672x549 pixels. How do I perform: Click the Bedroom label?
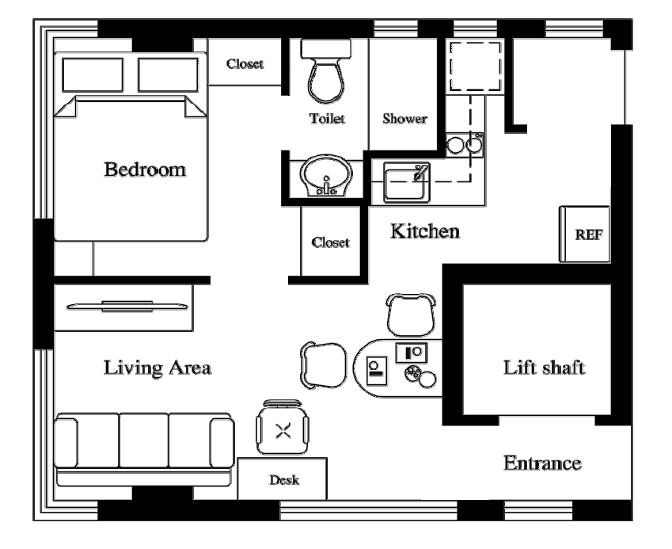(145, 170)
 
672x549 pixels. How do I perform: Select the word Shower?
(404, 118)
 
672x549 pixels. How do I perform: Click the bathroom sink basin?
(326, 177)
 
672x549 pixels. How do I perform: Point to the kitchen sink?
(406, 182)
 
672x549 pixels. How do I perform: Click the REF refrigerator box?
(585, 234)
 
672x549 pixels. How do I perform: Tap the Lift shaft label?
(544, 368)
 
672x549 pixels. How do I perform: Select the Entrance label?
(542, 463)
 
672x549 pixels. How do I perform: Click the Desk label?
(283, 479)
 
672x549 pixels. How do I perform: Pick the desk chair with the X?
(283, 427)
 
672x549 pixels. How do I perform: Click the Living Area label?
(158, 368)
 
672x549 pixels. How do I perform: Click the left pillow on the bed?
(93, 75)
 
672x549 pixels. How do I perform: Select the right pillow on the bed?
(168, 75)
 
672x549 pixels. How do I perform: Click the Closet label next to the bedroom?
(245, 64)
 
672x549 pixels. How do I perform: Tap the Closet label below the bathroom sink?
(330, 242)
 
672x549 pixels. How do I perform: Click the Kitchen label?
(425, 231)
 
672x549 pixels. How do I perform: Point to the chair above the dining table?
(411, 315)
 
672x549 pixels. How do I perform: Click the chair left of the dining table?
(323, 365)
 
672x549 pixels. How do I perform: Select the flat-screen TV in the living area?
(127, 307)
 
